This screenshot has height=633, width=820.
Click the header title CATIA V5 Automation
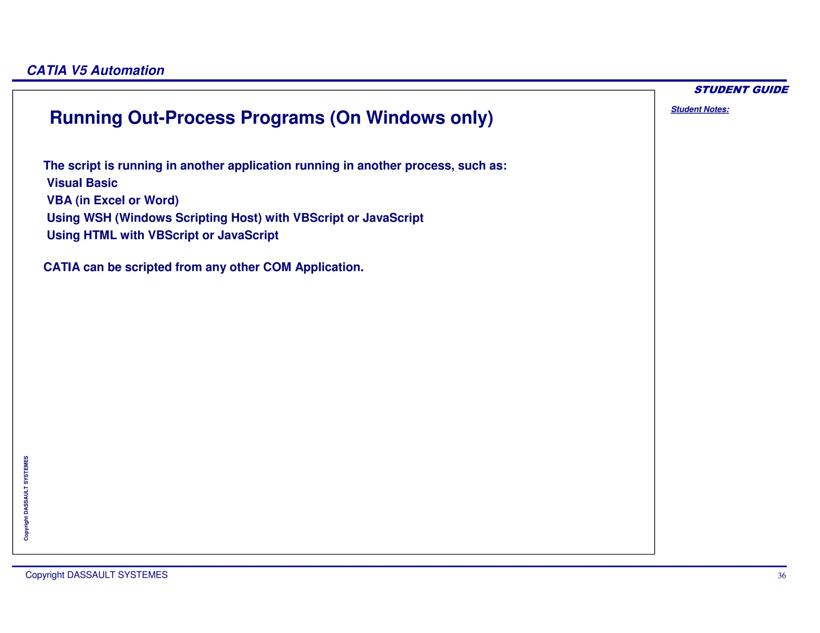click(x=95, y=70)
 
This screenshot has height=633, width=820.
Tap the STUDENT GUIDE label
click(x=741, y=90)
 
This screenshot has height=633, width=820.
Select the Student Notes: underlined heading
click(x=700, y=109)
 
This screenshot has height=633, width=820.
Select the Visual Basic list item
click(x=82, y=183)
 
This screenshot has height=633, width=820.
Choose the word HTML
click(x=100, y=235)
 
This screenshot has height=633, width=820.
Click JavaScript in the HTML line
click(x=248, y=235)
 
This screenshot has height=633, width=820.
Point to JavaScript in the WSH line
click(x=393, y=218)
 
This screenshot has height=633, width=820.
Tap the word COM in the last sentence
click(x=277, y=267)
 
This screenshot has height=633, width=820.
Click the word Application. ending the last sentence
click(x=329, y=267)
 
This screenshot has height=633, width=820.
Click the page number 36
click(x=782, y=576)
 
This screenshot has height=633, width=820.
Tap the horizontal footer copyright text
click(x=96, y=575)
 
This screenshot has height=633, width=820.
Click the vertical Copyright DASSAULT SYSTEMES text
click(x=26, y=498)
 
